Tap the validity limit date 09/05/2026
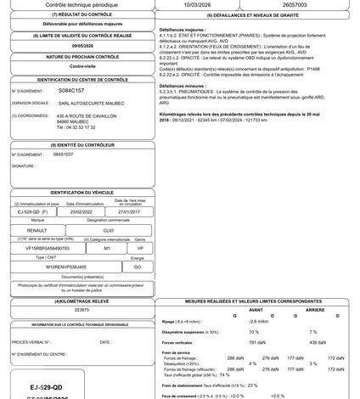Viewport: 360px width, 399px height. [x=82, y=46]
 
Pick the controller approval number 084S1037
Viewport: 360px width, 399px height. [x=64, y=155]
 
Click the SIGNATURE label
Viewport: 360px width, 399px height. [x=23, y=166]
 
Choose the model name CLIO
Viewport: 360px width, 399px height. [x=108, y=229]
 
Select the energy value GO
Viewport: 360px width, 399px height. [x=136, y=266]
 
